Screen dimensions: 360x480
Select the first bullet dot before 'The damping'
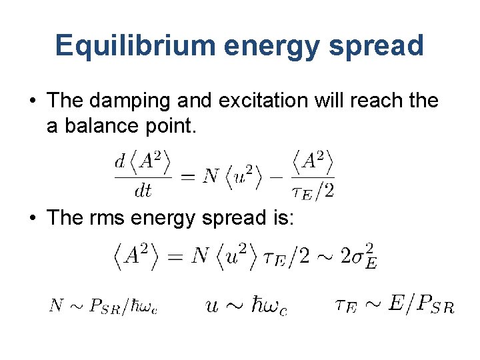pos(31,101)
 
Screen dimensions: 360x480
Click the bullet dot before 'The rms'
pos(31,218)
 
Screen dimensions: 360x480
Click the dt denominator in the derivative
pos(143,191)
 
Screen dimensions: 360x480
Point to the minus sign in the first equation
pos(277,177)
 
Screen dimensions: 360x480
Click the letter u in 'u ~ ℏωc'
pos(211,306)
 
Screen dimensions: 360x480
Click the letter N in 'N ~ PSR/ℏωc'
pos(57,306)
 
